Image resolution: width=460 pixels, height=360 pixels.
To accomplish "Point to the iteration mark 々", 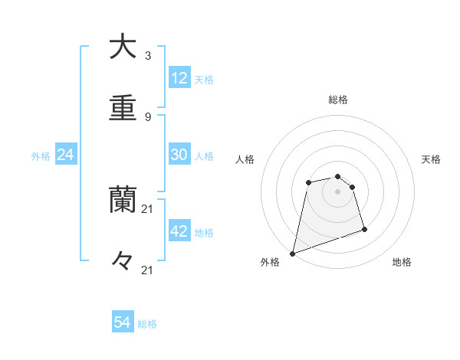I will point(123,261).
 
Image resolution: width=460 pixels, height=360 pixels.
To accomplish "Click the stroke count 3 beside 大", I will point(147,56).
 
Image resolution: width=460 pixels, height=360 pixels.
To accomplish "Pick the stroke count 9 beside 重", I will point(147,116).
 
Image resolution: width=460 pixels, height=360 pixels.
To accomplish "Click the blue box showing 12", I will point(179,78).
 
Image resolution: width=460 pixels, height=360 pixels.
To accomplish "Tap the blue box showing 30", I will point(179,155).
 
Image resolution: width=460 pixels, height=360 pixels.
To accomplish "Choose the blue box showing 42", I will point(179,231).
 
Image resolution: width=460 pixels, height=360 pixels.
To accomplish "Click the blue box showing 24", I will point(66,155).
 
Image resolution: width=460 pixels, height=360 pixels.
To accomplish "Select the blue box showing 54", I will point(123,323).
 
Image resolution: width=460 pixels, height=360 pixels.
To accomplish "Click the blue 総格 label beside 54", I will point(148,324).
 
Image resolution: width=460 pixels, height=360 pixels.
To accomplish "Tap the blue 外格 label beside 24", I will point(41,156).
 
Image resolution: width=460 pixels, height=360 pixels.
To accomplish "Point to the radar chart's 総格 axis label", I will point(338,100).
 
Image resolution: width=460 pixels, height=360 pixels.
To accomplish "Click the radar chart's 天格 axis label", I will point(432,159).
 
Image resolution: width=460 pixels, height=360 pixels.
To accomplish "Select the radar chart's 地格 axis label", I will point(402,262).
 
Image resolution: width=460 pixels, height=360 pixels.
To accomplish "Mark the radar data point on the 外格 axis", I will point(292,254).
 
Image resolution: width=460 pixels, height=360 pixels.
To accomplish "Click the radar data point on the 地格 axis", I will point(364,229).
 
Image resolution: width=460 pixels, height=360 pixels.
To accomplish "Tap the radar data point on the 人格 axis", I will point(308,182).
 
